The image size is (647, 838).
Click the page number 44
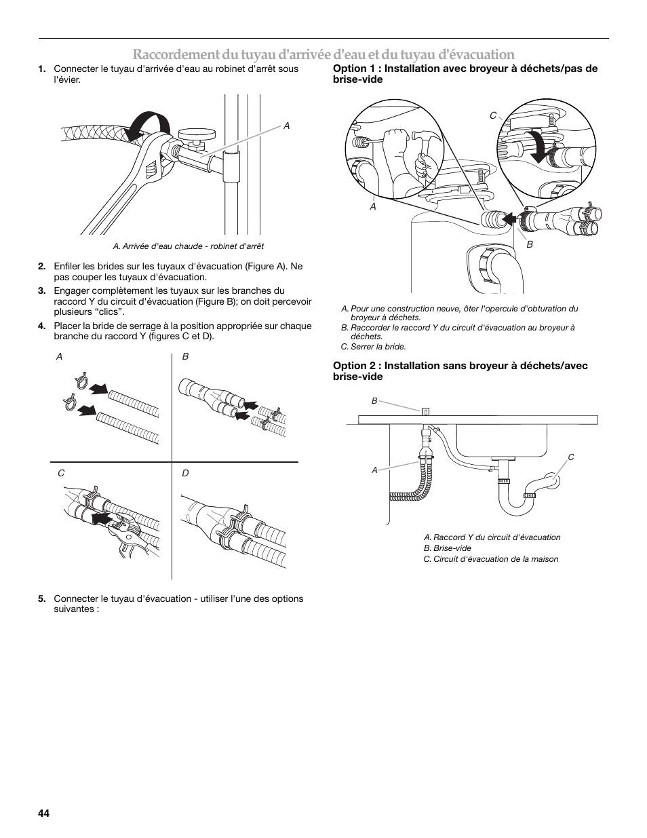tap(45, 813)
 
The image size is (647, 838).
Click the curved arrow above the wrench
tap(149, 125)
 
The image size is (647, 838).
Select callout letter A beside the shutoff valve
tap(286, 126)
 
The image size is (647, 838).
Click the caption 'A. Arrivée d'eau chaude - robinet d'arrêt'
tap(184, 246)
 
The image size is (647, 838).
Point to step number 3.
tap(42, 291)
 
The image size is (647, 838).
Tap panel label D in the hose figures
tap(185, 473)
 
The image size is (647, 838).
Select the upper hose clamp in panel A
tap(79, 380)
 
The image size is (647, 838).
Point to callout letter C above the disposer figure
tap(493, 116)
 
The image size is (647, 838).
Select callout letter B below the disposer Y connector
tap(530, 245)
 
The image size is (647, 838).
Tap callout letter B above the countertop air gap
tap(374, 401)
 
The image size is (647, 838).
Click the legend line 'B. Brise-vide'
tap(448, 548)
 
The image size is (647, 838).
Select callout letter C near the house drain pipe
tap(571, 457)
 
